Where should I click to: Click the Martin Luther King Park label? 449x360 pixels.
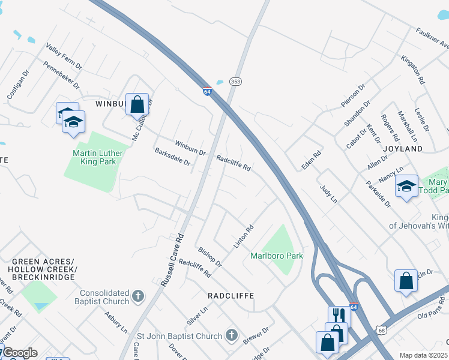click(x=97, y=157)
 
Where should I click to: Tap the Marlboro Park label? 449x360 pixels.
click(x=277, y=256)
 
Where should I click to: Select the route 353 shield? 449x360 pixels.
click(x=235, y=81)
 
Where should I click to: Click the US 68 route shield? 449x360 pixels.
click(x=381, y=330)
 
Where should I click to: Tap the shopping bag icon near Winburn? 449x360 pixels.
click(x=137, y=104)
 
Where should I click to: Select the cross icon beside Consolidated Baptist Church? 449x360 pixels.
click(x=138, y=296)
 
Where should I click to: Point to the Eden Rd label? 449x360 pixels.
click(x=312, y=159)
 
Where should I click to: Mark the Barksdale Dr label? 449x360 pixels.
click(x=172, y=158)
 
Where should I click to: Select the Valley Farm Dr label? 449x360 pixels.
click(x=64, y=55)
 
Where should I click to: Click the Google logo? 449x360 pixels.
click(x=19, y=353)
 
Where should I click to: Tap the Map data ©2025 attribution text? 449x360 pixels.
click(x=424, y=355)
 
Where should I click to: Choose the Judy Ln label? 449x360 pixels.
click(x=328, y=194)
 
